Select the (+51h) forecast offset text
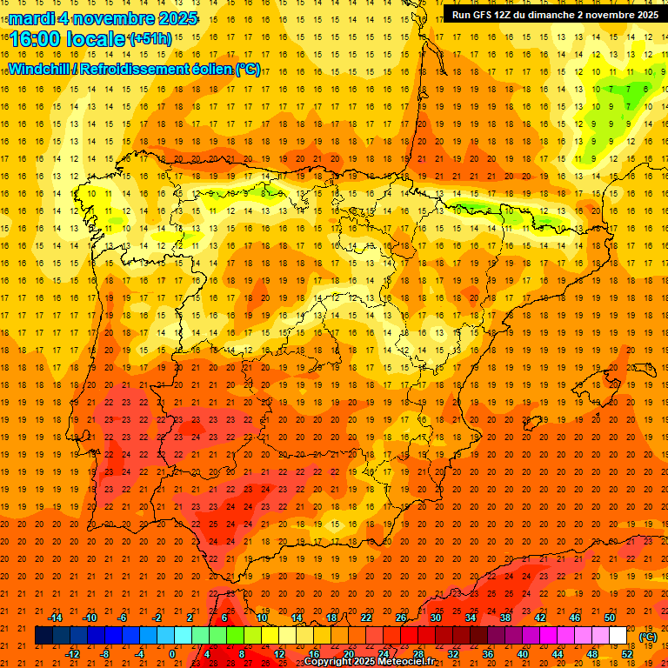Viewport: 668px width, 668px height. [x=150, y=39]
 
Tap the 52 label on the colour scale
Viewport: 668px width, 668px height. [x=627, y=654]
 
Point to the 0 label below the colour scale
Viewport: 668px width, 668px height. [x=172, y=654]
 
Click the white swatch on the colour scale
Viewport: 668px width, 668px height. [x=618, y=636]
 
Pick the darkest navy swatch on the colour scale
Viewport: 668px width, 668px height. [x=43, y=636]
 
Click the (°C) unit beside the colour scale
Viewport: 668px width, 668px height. [x=648, y=637]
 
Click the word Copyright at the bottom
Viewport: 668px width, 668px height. [x=330, y=662]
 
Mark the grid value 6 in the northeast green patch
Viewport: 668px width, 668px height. [x=645, y=89]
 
